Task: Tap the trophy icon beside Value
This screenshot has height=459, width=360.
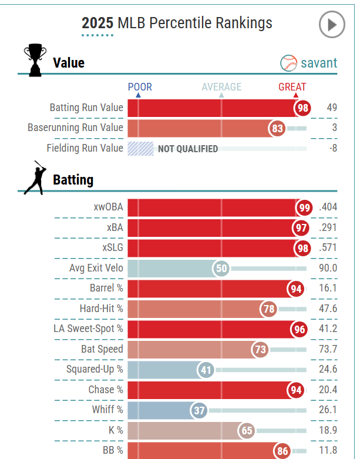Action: tap(35, 61)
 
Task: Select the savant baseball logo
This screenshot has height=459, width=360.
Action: tap(289, 63)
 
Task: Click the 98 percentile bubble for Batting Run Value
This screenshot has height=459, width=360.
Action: tap(303, 108)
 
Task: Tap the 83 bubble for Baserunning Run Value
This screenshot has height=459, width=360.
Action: tap(278, 128)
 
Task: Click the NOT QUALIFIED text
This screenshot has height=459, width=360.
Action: tap(187, 149)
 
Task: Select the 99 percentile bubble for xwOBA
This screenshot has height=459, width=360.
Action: tap(304, 207)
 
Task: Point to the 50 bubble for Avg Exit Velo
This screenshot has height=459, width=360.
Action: tap(221, 269)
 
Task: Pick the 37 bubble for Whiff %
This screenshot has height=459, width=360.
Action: tap(199, 410)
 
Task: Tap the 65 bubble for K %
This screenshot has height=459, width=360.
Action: tap(247, 430)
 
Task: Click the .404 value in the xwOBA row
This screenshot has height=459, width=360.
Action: tap(328, 207)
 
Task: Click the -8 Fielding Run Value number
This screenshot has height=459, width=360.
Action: tap(332, 148)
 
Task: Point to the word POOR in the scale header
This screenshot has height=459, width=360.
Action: tap(140, 87)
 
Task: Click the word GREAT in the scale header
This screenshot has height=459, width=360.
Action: tap(292, 87)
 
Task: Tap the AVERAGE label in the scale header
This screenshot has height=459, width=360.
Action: tap(221, 87)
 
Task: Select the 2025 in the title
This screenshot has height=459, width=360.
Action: tap(98, 23)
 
